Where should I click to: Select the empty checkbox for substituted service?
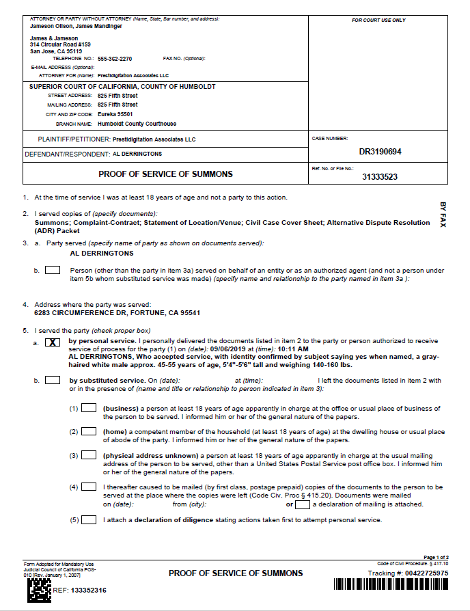(x=53, y=381)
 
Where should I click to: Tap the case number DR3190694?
(x=380, y=152)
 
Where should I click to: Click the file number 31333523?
(x=380, y=176)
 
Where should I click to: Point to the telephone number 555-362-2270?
(x=115, y=59)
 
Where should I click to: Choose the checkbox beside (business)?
(x=89, y=409)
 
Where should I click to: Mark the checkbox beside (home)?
(x=89, y=432)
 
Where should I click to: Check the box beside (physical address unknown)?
(x=89, y=456)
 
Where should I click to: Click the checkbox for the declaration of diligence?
(x=89, y=520)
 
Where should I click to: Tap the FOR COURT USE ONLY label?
(x=378, y=21)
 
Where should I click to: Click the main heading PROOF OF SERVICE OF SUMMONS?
(x=165, y=174)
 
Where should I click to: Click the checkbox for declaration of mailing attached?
(x=303, y=504)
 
